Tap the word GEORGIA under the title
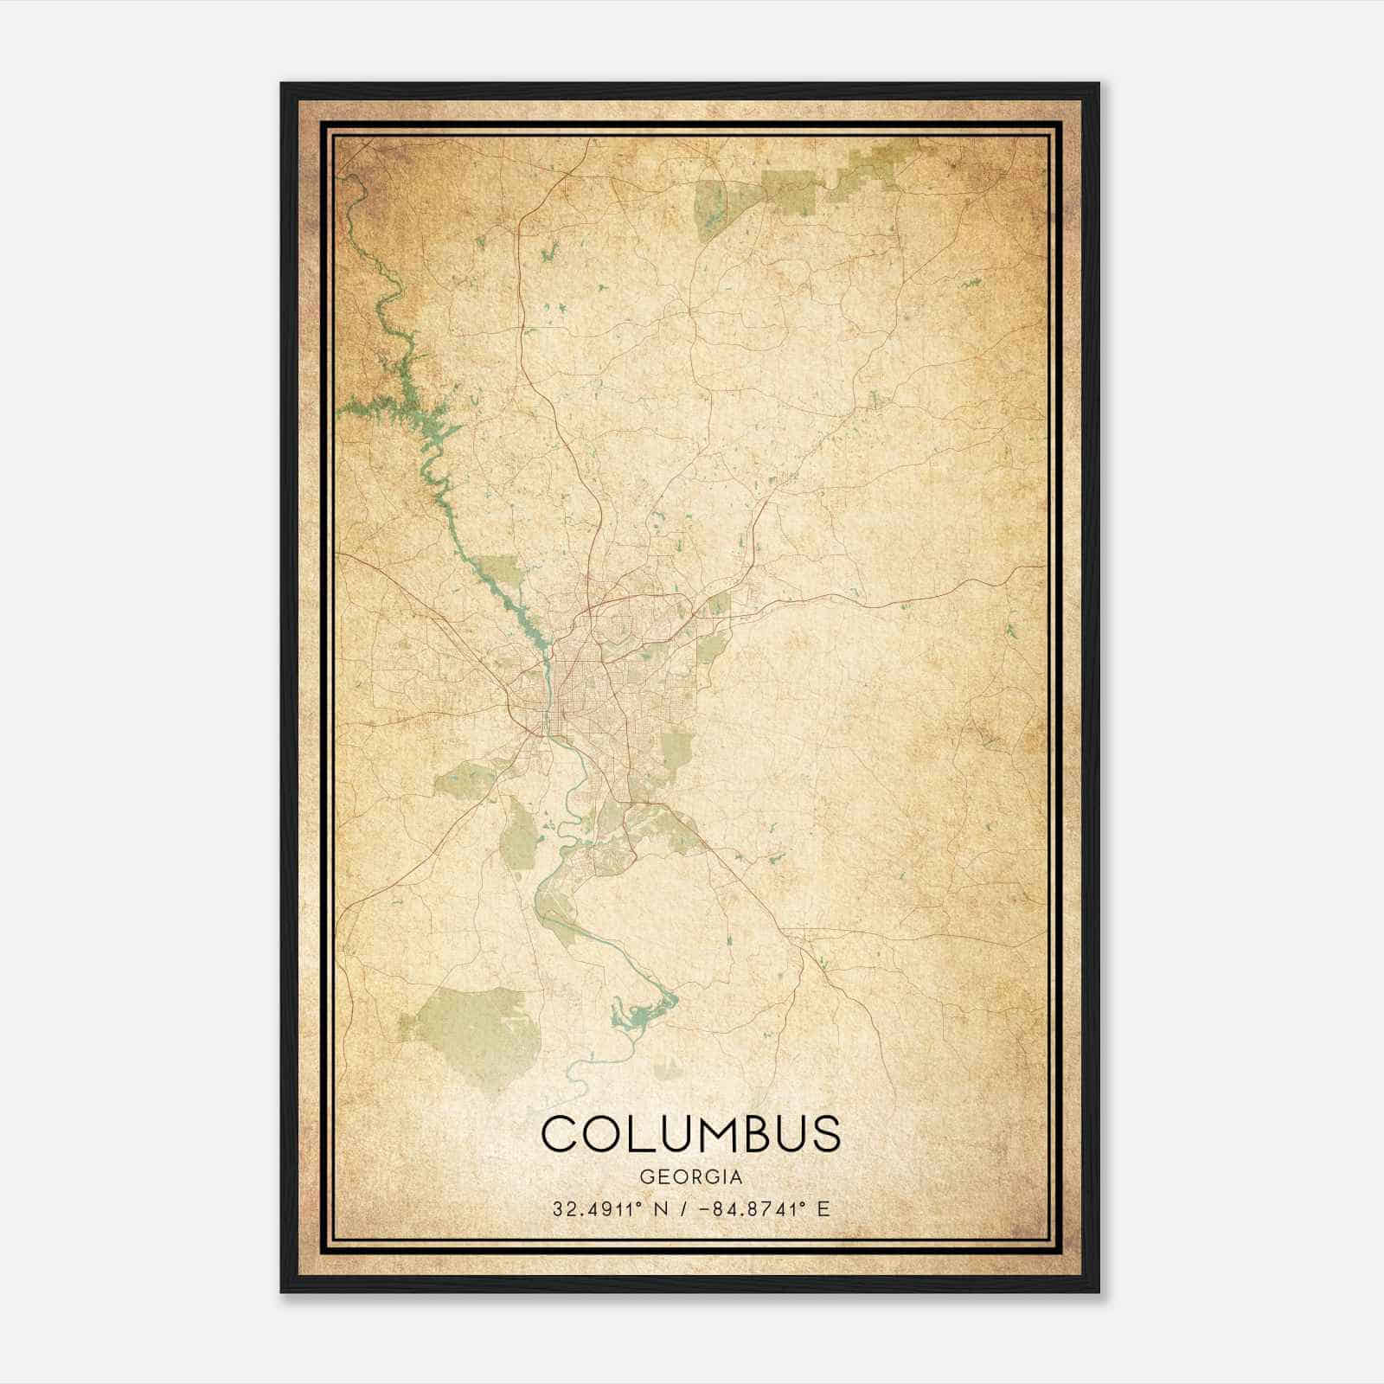coord(690,1177)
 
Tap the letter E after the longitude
coord(823,1208)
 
